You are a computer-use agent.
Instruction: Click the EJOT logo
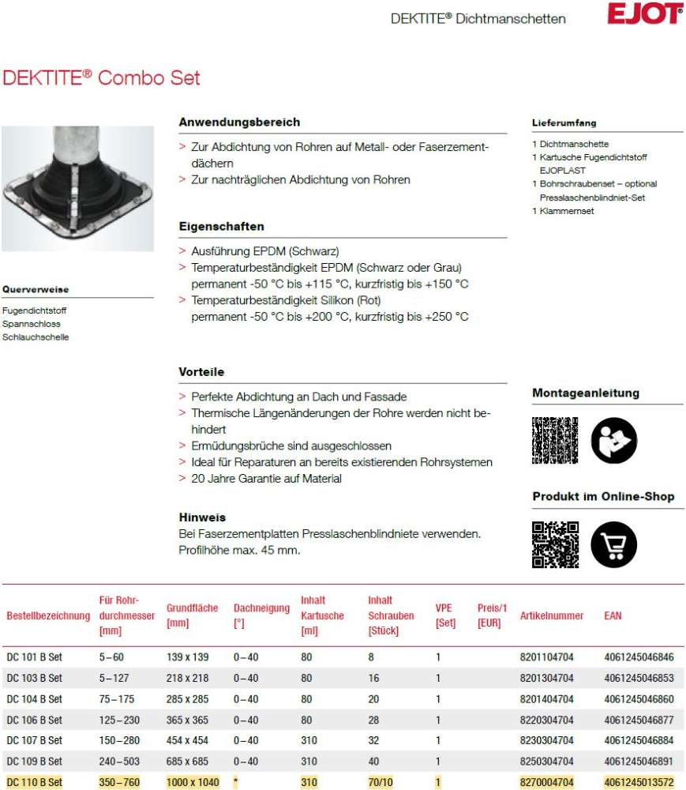coord(644,14)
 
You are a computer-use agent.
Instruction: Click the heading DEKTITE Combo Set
coord(102,78)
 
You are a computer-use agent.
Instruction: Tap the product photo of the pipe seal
coord(77,188)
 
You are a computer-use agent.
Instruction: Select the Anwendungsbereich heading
coord(239,122)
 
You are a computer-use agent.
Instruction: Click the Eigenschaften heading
coord(221,227)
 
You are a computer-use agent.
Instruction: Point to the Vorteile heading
coord(201,371)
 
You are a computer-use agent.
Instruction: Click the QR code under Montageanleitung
coord(555,440)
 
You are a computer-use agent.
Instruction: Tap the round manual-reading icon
coord(613,440)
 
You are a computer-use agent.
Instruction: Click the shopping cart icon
coord(613,544)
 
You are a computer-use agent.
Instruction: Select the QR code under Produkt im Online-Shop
coord(555,544)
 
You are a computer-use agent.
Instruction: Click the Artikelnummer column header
coord(552,615)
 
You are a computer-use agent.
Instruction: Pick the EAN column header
coord(613,615)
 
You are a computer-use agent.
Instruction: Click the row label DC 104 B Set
coord(34,699)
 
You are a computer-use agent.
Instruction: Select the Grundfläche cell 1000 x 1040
coord(193,782)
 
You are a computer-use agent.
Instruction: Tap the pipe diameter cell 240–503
coord(118,762)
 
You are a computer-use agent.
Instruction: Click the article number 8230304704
coord(547,741)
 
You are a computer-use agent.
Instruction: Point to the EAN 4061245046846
coord(639,657)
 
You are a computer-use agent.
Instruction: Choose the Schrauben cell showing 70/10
coord(380,782)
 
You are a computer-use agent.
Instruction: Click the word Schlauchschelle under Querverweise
coord(36,337)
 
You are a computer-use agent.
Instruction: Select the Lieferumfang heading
coord(564,123)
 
